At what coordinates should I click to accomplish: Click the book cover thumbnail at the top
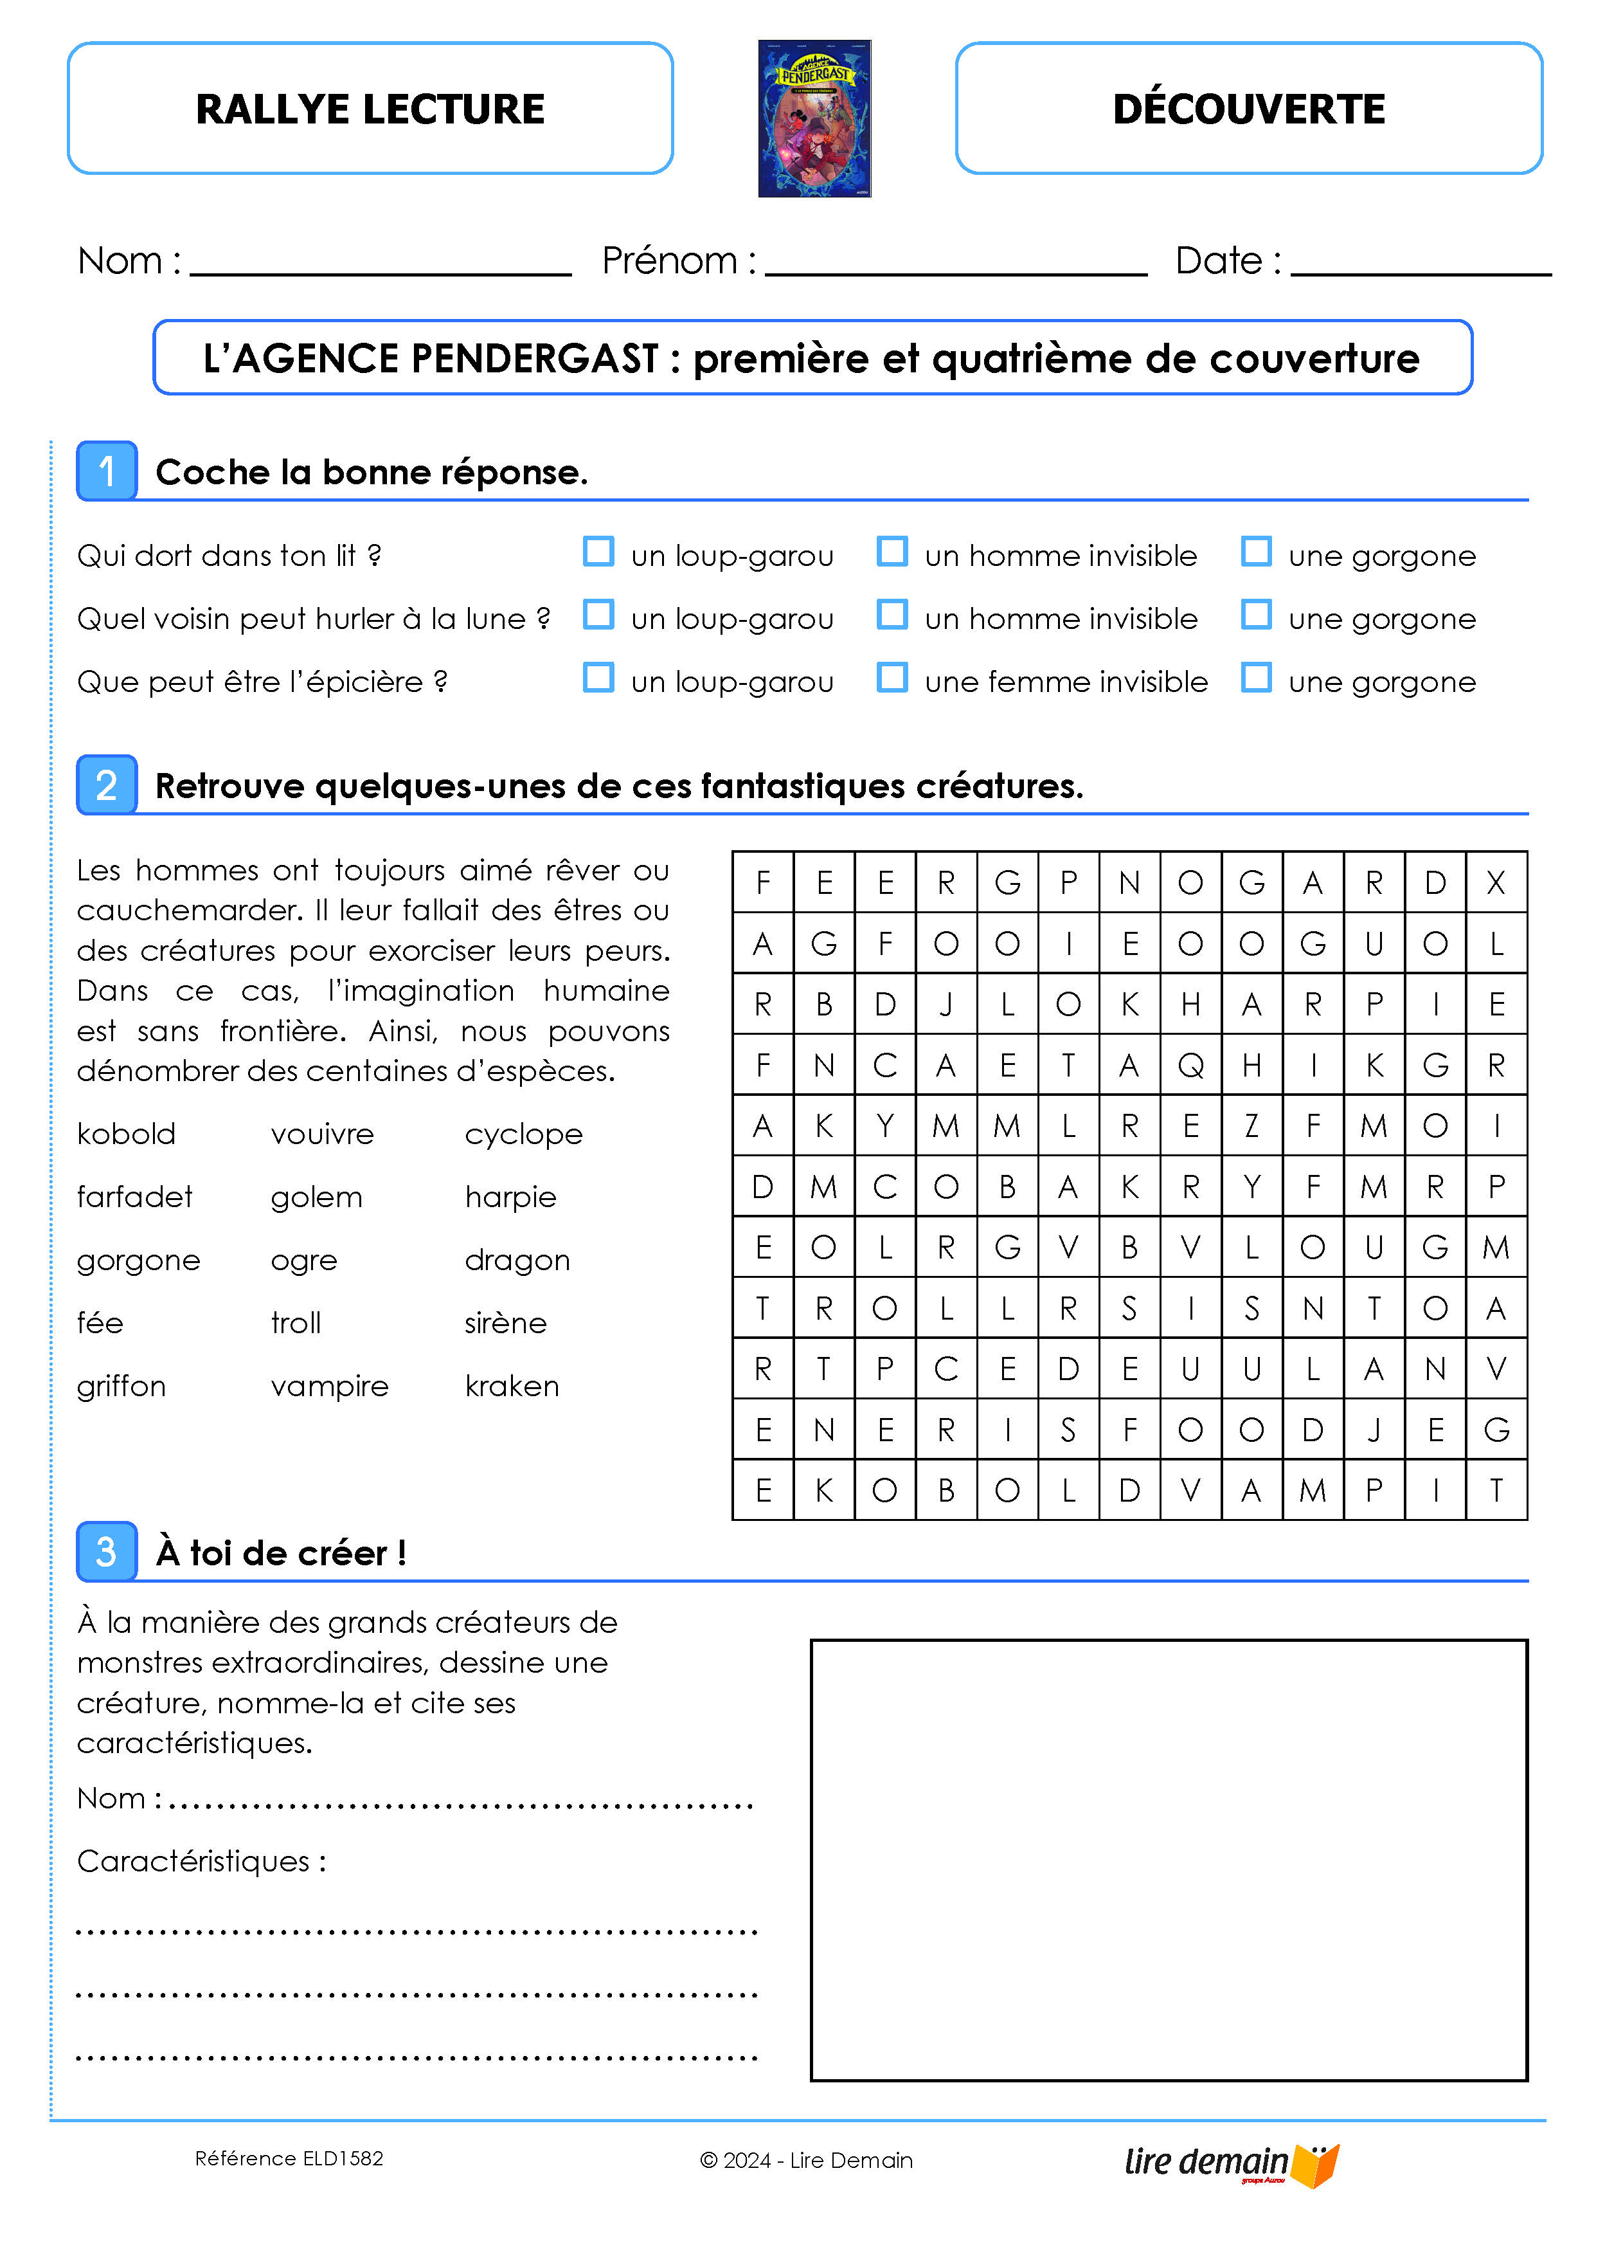click(x=814, y=118)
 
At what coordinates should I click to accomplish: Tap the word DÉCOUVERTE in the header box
click(x=1248, y=109)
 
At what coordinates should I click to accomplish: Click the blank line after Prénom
click(x=956, y=265)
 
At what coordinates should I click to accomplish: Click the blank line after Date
click(x=1420, y=265)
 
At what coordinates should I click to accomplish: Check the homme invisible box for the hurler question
click(x=892, y=615)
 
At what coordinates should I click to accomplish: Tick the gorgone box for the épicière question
click(x=1256, y=678)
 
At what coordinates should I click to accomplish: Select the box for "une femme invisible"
click(x=892, y=678)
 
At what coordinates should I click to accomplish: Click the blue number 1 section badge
click(x=107, y=471)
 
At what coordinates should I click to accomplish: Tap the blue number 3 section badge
click(x=107, y=1551)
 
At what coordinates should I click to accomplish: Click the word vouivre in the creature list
click(x=322, y=1134)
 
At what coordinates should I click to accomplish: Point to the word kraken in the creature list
click(x=512, y=1386)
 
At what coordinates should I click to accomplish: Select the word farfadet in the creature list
click(x=134, y=1197)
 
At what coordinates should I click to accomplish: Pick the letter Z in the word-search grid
click(x=1252, y=1126)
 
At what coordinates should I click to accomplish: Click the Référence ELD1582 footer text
click(x=289, y=2158)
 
